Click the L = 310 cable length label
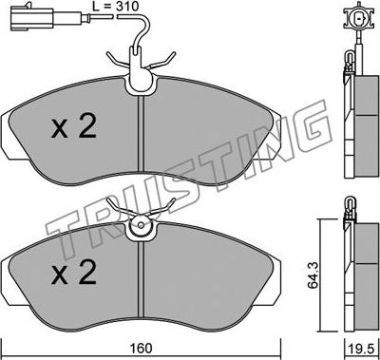click(x=116, y=6)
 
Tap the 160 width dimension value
click(x=141, y=349)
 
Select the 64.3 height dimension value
click(x=313, y=275)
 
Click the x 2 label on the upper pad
click(x=73, y=127)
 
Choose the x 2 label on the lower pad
click(x=73, y=272)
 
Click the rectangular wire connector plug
click(x=31, y=19)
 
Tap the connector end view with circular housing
click(x=358, y=17)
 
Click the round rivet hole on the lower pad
click(x=141, y=225)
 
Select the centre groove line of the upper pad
click(x=141, y=134)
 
